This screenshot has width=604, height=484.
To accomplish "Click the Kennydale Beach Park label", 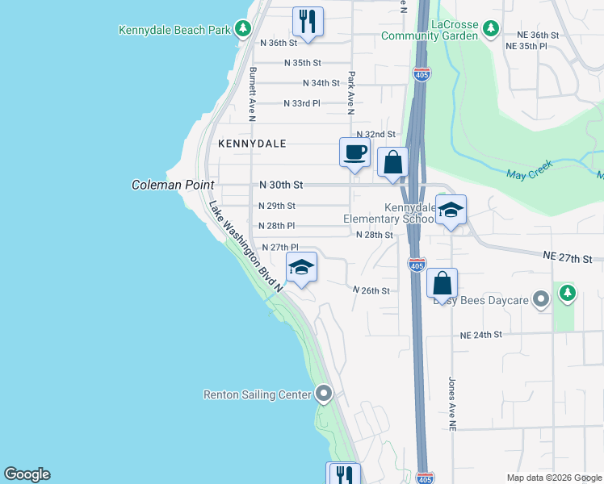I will coord(175,30).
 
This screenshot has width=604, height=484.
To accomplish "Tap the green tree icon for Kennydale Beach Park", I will coord(243,30).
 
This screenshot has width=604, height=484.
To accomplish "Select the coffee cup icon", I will coord(354,152).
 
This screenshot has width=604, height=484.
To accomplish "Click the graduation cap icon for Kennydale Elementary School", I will coord(451,210).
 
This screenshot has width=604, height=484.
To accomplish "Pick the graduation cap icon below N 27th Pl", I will coord(301,267).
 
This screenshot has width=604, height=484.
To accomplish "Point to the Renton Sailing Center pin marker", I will coord(324,394).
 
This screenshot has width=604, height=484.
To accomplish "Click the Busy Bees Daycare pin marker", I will coord(541,300).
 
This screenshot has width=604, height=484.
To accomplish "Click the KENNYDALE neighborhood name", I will coord(252,144).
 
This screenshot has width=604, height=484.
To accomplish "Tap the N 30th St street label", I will coord(281,185).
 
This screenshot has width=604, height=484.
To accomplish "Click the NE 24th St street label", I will coord(481,334).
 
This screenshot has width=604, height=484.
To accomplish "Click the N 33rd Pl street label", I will coord(302,103).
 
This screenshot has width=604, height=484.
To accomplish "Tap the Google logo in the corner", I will coord(27,474).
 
